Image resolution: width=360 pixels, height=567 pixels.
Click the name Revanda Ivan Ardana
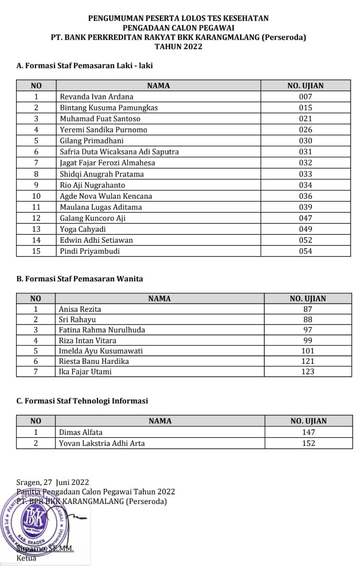(97, 97)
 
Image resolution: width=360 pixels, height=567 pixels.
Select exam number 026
(305, 130)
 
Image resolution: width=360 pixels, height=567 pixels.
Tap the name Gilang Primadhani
(92, 141)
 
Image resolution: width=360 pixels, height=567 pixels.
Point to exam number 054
(305, 251)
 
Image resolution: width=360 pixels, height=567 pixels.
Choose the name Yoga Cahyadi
(83, 229)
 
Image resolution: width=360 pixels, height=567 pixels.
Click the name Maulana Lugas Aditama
(101, 207)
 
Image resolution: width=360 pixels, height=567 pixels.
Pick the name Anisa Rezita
(80, 309)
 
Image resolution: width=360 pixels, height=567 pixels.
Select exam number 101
(308, 351)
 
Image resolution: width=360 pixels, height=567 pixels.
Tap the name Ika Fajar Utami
(85, 371)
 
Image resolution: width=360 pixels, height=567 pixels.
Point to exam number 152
(309, 443)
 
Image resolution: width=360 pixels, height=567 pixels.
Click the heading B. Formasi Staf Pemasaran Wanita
(80, 279)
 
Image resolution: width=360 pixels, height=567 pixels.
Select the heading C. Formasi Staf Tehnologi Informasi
(82, 401)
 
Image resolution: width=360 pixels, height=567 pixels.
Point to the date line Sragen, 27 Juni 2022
(53, 482)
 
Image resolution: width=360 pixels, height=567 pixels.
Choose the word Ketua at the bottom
(27, 558)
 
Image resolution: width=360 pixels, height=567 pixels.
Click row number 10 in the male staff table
(36, 196)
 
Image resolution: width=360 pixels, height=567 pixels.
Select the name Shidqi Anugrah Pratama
(102, 174)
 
